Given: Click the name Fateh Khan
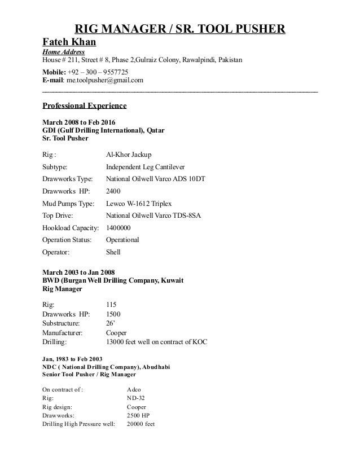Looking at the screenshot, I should (x=69, y=42).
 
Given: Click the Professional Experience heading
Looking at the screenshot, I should (x=85, y=105).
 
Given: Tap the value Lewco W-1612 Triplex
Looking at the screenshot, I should (x=138, y=203).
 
